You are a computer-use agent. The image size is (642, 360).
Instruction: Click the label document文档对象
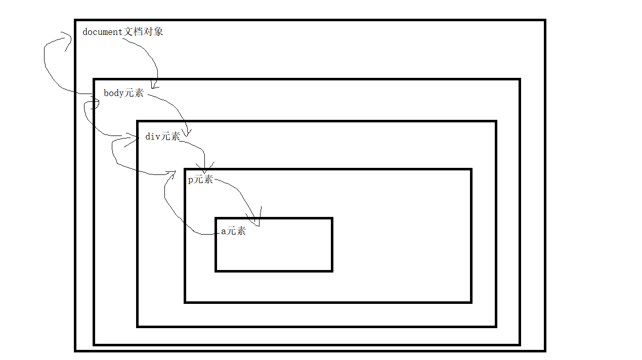[123, 32]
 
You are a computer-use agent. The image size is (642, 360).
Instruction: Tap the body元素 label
[123, 93]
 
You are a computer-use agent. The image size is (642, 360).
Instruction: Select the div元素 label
[162, 137]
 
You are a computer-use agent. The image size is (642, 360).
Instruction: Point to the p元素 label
[200, 179]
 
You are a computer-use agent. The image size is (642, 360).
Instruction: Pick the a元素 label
[233, 231]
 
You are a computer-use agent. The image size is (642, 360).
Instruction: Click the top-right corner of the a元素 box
[332, 219]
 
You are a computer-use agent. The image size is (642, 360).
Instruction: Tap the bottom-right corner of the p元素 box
[471, 302]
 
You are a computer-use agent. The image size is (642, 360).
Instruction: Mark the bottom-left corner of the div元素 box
[138, 326]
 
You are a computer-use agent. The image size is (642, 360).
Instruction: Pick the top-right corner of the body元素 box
[520, 79]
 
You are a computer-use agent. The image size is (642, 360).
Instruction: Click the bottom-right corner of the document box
[545, 350]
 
